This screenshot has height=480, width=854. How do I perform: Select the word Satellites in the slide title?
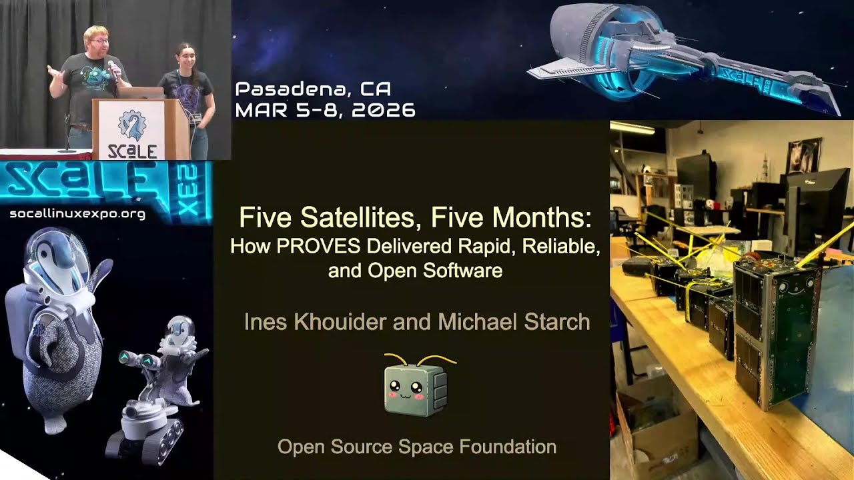pyautogui.click(x=360, y=217)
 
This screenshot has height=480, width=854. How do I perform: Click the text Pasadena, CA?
pyautogui.click(x=313, y=89)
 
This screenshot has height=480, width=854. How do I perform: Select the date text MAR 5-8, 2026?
pyautogui.click(x=325, y=110)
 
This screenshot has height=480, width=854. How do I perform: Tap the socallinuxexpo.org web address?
pyautogui.click(x=77, y=214)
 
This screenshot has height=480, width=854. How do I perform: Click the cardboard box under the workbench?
pyautogui.click(x=657, y=427)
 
